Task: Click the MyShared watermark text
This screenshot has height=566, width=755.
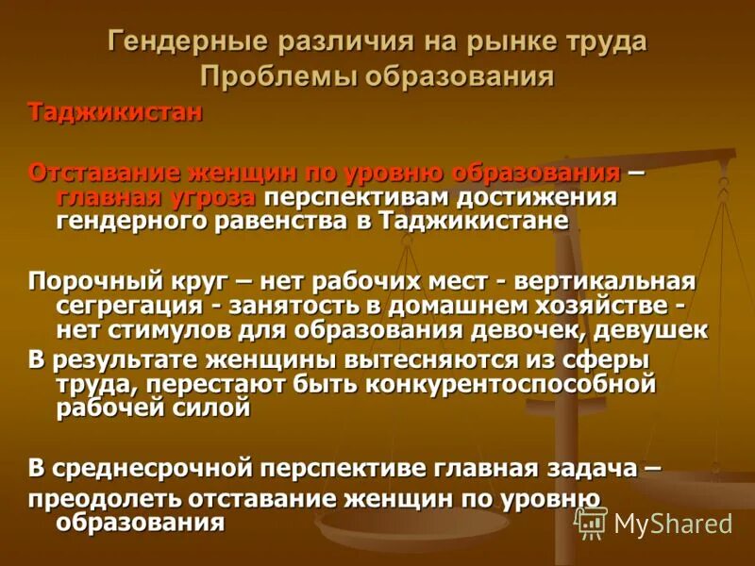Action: [671, 524]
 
